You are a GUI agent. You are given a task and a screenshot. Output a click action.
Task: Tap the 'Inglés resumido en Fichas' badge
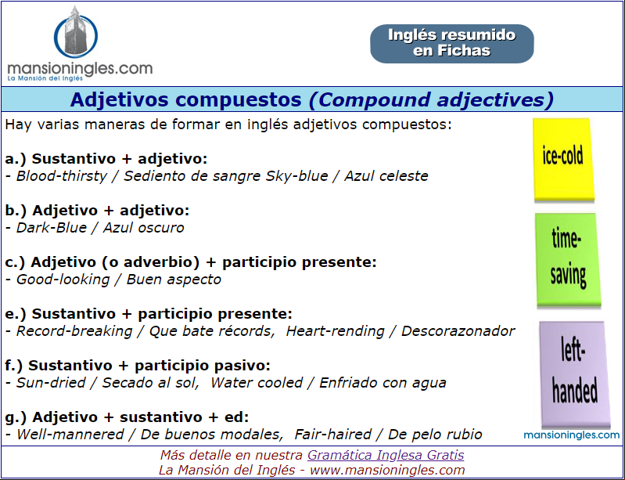coord(452,44)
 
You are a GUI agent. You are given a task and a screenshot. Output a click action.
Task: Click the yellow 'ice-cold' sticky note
coord(564,160)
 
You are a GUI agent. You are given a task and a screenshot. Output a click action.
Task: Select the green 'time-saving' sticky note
coord(568,260)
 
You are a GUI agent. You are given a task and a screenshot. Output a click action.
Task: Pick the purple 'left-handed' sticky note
coord(574,375)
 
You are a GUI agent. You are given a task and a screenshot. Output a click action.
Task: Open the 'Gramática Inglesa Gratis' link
coord(386,455)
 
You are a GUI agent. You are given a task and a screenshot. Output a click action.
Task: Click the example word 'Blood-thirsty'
coord(62,176)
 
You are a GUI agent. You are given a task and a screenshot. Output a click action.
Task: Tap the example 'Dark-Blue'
coord(52,227)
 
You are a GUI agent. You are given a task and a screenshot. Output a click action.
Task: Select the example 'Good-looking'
coord(63,280)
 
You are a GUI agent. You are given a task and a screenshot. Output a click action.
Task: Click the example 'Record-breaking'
coord(74,331)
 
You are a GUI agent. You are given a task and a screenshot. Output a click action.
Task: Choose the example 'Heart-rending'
coord(336,331)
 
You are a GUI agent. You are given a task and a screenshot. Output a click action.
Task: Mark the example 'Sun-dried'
coord(51,383)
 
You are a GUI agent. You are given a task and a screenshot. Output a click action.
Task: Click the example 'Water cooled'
coord(257,383)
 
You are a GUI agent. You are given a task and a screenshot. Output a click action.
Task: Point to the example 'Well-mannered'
coord(70,434)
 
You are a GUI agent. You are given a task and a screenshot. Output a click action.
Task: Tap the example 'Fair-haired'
coord(332,434)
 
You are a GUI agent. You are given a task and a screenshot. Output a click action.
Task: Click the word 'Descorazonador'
coord(458,331)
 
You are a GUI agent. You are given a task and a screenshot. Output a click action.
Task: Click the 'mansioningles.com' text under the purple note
coord(572,435)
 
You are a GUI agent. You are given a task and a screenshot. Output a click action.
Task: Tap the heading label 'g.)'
coord(16,417)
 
